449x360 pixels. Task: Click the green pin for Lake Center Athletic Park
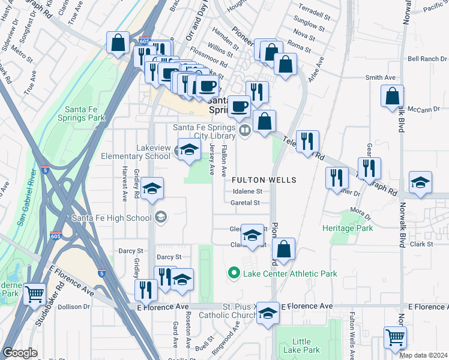(233, 274)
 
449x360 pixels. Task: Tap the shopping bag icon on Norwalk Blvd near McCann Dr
(392, 97)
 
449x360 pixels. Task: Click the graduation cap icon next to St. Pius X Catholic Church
(268, 313)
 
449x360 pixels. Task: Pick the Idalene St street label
(247, 191)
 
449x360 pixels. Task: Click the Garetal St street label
(245, 203)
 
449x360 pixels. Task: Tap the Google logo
(20, 353)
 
